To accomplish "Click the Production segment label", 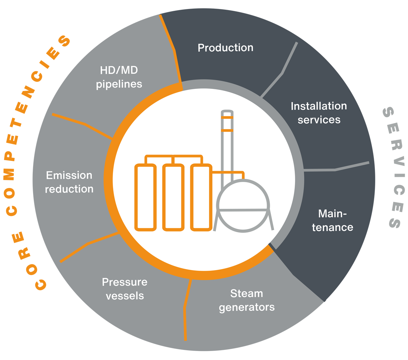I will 226,48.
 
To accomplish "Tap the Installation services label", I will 319,113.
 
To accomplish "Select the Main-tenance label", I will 332,220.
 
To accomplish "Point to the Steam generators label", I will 247,300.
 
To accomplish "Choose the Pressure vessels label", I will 124,289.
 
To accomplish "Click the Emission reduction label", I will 69,182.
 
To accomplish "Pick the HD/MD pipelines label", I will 119,77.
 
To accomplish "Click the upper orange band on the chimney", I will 227,117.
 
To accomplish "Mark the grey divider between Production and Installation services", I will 282,72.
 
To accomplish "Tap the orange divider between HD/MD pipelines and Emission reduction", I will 85,125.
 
